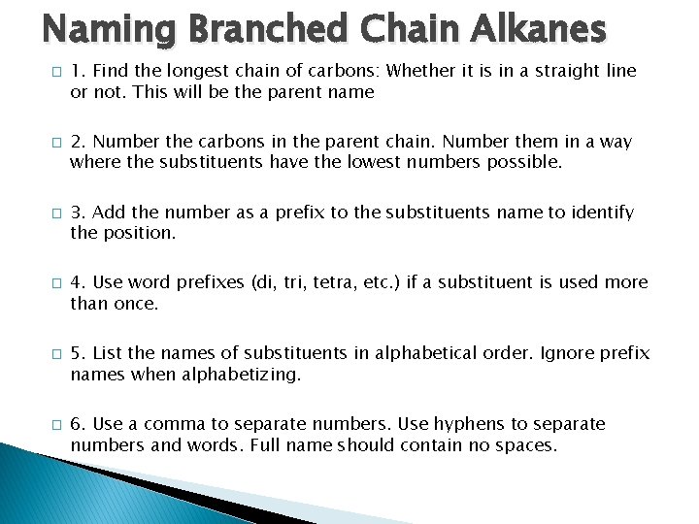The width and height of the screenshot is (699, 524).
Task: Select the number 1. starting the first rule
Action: (78, 71)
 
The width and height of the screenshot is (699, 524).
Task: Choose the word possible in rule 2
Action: (527, 162)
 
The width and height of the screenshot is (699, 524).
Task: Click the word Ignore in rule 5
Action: (561, 353)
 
